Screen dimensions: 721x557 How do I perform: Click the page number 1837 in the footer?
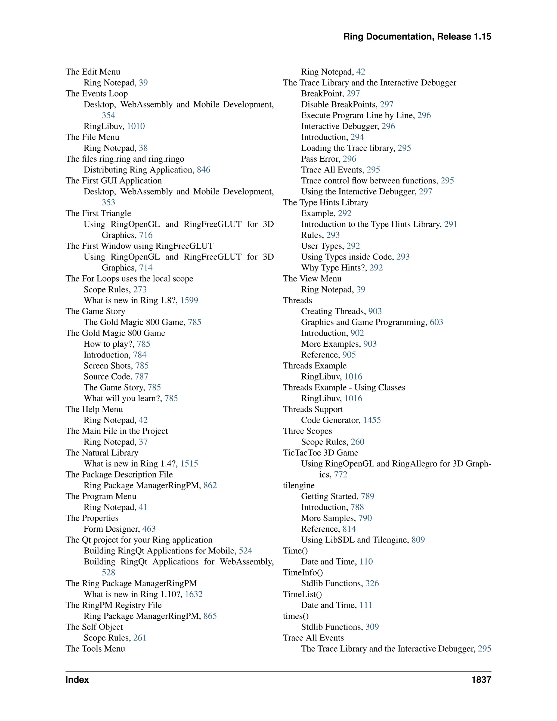click(481, 680)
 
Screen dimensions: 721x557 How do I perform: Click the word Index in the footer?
click(77, 680)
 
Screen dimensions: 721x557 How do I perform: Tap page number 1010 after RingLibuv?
click(136, 126)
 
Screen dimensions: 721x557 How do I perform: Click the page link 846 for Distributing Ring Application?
click(204, 170)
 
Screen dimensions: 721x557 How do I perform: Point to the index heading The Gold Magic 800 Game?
click(115, 333)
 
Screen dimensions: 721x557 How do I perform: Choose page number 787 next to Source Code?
click(141, 376)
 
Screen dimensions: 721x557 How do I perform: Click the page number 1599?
click(189, 300)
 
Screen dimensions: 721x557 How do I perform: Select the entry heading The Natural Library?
click(102, 453)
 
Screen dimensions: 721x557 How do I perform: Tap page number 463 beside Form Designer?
click(149, 529)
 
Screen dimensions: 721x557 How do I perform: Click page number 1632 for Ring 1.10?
click(194, 594)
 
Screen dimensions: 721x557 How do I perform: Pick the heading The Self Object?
click(94, 627)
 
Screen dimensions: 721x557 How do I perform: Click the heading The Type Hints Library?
click(325, 202)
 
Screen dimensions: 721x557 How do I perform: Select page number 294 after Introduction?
click(357, 137)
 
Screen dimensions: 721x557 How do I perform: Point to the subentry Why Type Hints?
click(334, 267)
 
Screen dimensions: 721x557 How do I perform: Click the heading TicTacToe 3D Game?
click(320, 453)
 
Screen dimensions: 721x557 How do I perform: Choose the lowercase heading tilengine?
click(299, 485)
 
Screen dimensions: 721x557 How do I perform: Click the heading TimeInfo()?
click(303, 572)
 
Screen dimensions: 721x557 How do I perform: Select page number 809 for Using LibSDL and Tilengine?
click(418, 540)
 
